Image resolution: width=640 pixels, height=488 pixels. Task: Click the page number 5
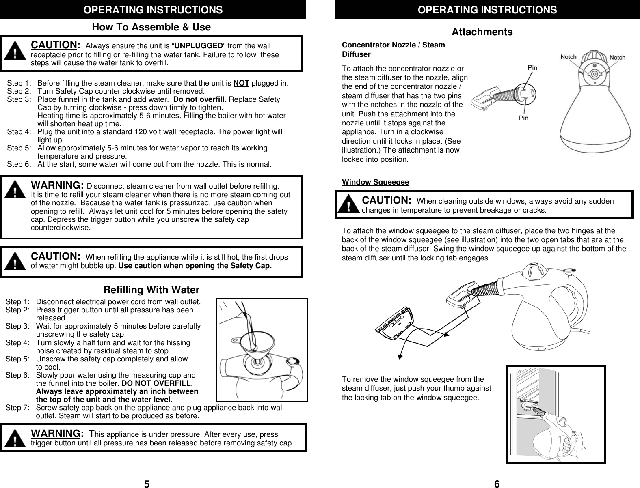coord(147,483)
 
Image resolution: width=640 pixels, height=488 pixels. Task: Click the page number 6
coord(497,483)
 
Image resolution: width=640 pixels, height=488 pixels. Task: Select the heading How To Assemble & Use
coord(151,27)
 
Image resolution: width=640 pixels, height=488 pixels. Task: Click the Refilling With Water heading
coord(151,290)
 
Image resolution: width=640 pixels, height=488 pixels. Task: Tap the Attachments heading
coord(482,32)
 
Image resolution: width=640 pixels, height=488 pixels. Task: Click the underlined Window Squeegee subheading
coord(375,182)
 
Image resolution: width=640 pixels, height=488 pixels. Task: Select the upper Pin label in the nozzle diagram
coord(533,68)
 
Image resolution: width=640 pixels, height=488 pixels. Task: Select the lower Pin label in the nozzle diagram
coord(523,118)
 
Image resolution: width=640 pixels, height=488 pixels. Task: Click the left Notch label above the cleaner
coord(569,57)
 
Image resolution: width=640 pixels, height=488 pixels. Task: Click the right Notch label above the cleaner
coord(617,58)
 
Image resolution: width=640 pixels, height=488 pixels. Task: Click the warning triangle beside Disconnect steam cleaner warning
coord(15,191)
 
